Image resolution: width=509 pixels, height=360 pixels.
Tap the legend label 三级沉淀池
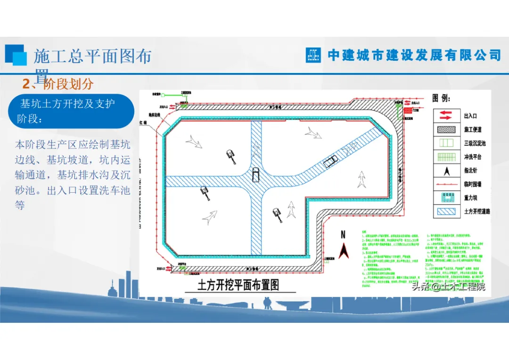475,143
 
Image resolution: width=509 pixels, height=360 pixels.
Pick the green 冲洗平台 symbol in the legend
446,157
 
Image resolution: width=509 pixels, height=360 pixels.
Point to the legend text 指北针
470,171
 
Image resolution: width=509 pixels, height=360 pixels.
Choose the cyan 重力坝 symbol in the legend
446,198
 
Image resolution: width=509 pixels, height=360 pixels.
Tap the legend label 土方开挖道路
477,212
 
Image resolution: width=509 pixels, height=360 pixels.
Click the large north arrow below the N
344,251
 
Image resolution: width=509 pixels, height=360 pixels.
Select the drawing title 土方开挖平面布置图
238,285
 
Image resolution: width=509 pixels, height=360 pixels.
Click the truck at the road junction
255,174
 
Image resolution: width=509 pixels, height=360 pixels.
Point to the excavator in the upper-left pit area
231,155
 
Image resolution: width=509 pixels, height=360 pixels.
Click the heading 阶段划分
68,84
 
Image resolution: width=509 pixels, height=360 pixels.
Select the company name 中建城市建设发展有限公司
414,55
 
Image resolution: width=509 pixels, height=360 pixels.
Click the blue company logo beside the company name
313,55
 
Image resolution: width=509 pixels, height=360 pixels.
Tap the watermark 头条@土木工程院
448,286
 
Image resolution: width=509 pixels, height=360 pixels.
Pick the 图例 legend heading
441,98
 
